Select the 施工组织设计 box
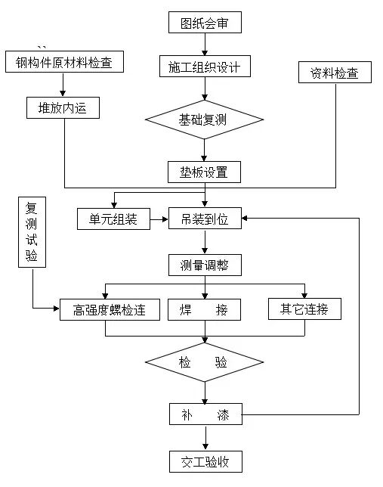(x=204, y=67)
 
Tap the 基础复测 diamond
(x=205, y=119)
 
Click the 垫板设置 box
(x=205, y=172)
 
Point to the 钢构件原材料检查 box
(x=64, y=63)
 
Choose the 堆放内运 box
(x=63, y=107)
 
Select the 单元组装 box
(x=114, y=219)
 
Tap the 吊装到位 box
(x=205, y=219)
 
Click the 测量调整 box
(x=205, y=265)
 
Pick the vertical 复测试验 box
(x=32, y=232)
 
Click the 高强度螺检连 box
(x=110, y=309)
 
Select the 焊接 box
(x=205, y=309)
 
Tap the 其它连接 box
(x=304, y=309)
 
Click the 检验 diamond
(x=205, y=362)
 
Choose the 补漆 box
(x=205, y=414)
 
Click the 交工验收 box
(x=205, y=461)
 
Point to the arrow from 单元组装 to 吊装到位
(x=159, y=220)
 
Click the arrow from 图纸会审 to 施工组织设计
(x=205, y=44)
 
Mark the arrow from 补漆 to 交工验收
(x=205, y=438)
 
